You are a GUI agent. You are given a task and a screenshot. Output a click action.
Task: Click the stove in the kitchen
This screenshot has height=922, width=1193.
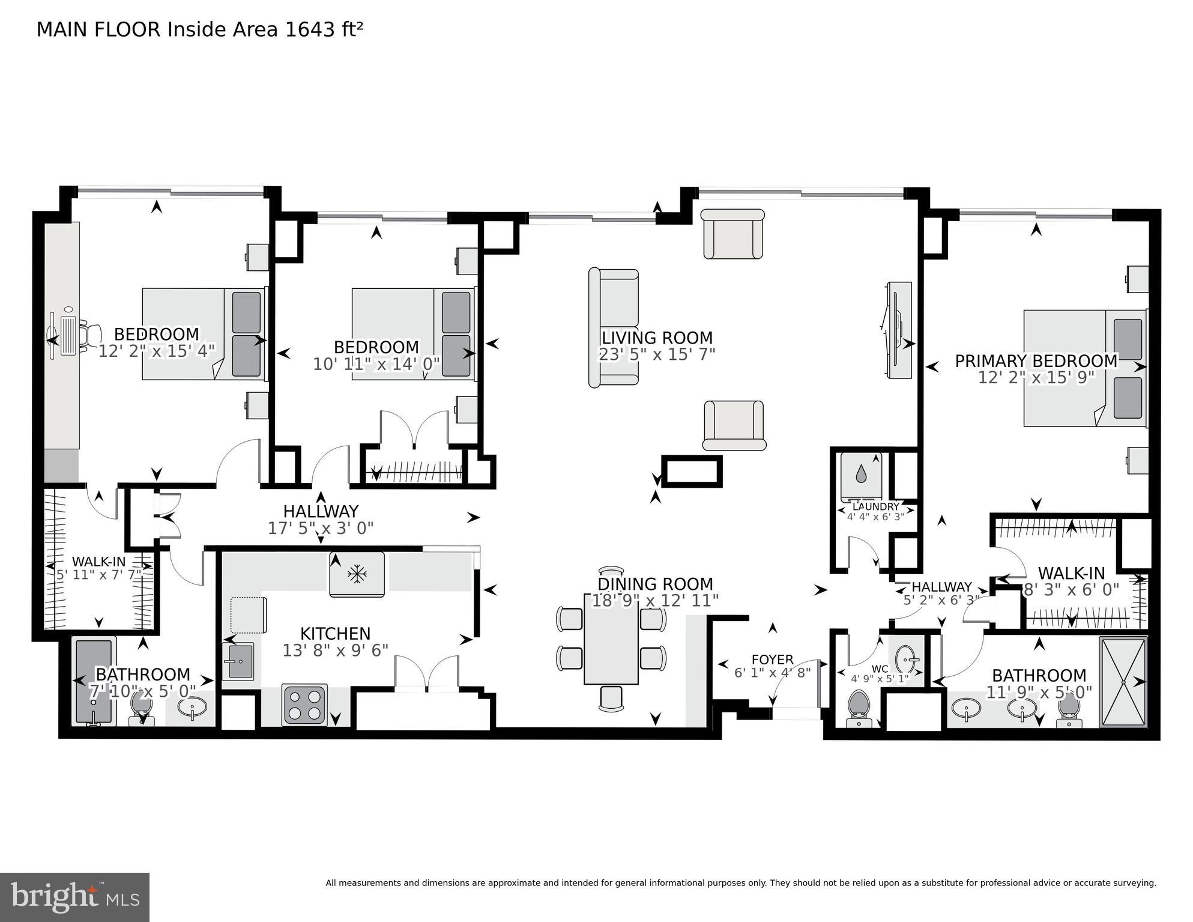click(305, 705)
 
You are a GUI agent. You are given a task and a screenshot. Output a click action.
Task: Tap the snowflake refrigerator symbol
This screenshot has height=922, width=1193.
click(357, 575)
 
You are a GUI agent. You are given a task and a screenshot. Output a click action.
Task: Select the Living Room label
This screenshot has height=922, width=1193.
click(657, 338)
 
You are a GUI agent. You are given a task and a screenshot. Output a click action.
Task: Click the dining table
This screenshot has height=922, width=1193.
click(611, 638)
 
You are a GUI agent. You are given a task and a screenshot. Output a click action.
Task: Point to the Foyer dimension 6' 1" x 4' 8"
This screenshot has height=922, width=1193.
click(772, 673)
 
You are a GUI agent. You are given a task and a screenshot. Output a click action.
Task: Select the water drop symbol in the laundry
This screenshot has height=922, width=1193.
click(861, 475)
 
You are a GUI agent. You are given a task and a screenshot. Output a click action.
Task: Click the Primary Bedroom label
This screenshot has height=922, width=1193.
click(1036, 361)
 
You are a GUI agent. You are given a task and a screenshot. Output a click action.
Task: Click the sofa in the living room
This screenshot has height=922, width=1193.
click(613, 328)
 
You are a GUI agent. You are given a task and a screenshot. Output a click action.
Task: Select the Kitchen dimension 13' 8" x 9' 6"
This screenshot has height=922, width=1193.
click(335, 650)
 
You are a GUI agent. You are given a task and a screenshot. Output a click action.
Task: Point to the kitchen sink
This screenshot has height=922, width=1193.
click(238, 661)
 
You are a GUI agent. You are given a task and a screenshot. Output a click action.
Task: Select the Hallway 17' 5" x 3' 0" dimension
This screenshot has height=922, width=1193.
click(321, 529)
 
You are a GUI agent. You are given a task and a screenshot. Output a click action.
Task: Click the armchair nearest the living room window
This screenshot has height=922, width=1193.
click(732, 234)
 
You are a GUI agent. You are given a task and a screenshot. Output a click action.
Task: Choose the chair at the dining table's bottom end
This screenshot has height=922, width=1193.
click(611, 698)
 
